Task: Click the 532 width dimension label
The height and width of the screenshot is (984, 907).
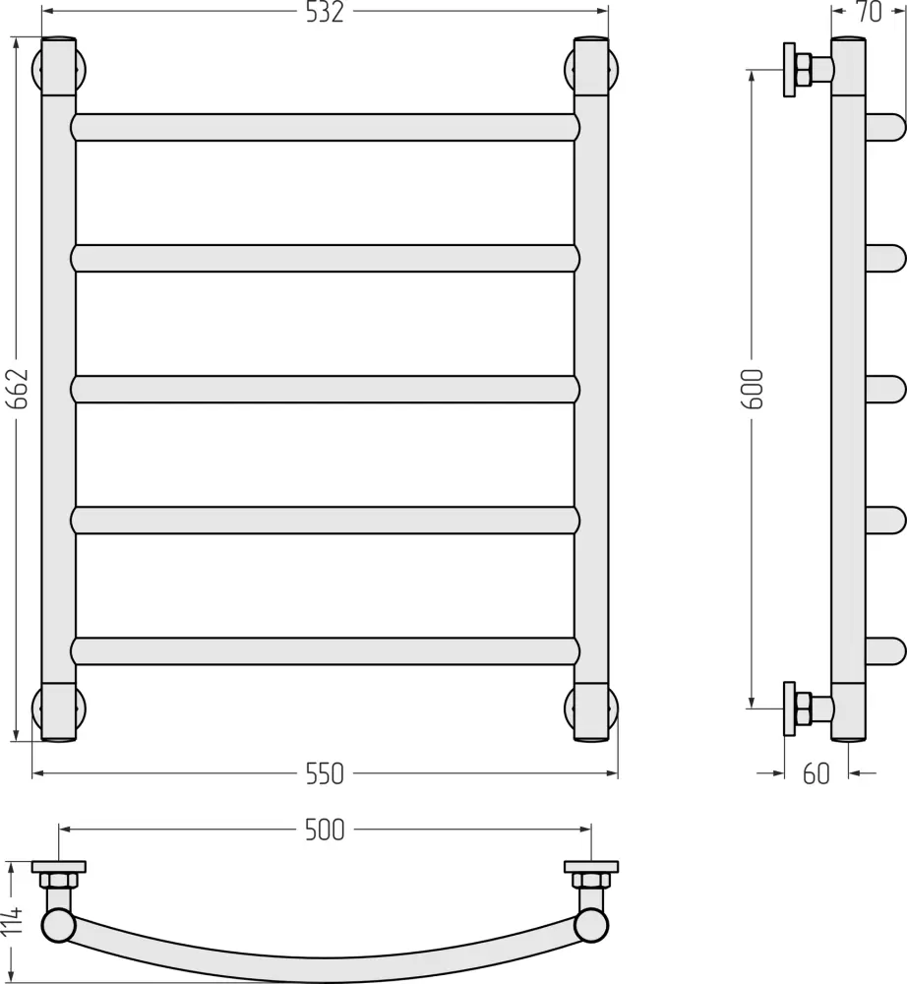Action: tap(325, 12)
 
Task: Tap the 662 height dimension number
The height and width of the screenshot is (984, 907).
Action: tap(20, 388)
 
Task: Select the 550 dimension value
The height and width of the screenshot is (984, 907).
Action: tap(325, 773)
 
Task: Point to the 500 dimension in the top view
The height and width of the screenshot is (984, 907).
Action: tap(325, 830)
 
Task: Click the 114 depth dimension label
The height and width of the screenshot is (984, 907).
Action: tap(12, 920)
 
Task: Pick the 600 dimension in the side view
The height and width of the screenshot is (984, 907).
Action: tap(753, 389)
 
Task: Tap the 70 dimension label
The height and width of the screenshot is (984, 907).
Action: tap(869, 12)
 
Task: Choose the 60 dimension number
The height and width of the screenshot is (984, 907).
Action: tap(816, 773)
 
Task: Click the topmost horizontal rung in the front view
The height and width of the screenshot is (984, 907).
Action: tap(325, 127)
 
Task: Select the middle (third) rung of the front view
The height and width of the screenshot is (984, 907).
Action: tap(325, 389)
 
